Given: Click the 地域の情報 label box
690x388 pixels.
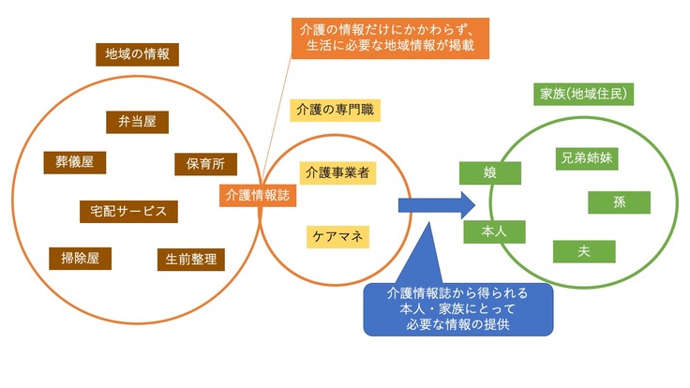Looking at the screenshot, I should click(x=138, y=54).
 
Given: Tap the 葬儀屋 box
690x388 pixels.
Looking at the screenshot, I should click(x=75, y=161).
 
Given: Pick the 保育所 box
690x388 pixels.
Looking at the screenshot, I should click(x=200, y=164).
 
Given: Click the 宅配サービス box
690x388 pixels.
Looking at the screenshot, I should click(x=128, y=210).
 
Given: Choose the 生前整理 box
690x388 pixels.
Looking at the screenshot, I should click(x=190, y=259).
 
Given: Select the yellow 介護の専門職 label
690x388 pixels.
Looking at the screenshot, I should click(x=334, y=110).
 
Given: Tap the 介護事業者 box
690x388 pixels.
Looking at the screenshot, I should click(x=337, y=172).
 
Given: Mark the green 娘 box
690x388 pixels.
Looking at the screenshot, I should click(x=489, y=173).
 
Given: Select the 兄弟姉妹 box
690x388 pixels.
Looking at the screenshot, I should click(x=587, y=157).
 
